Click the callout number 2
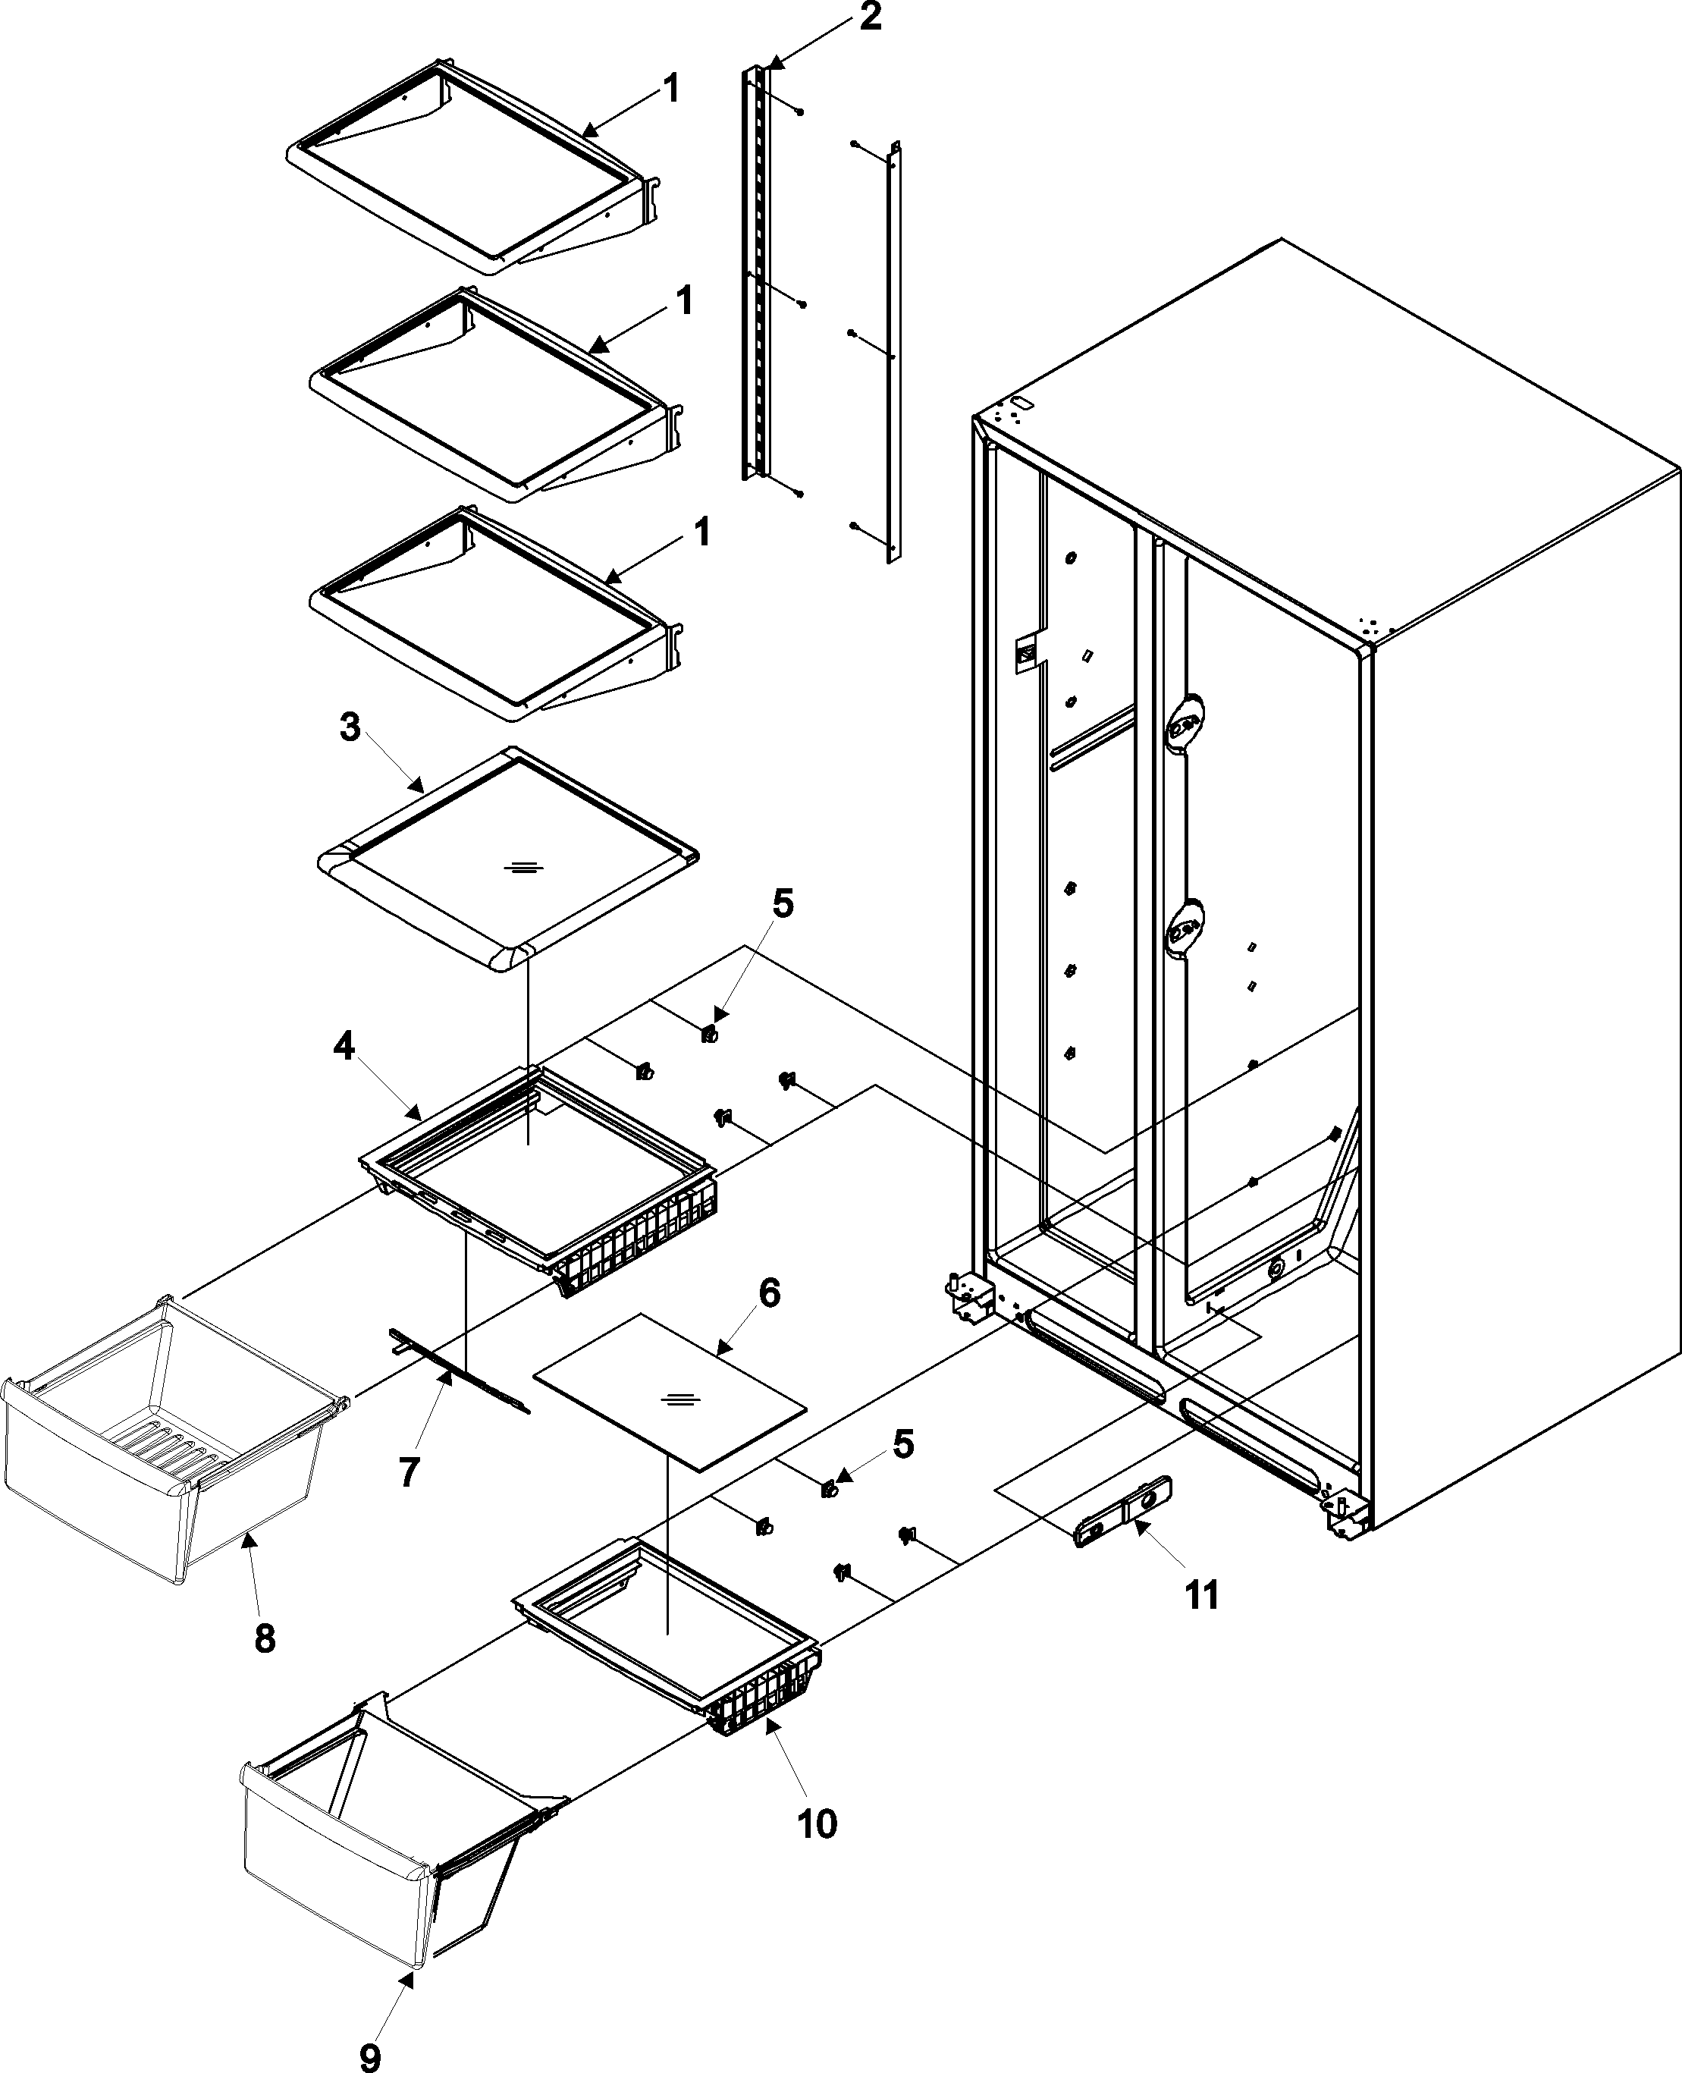pos(869,17)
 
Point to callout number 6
pos(767,1294)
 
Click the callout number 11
pos(1201,1594)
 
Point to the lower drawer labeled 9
pos(359,1899)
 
